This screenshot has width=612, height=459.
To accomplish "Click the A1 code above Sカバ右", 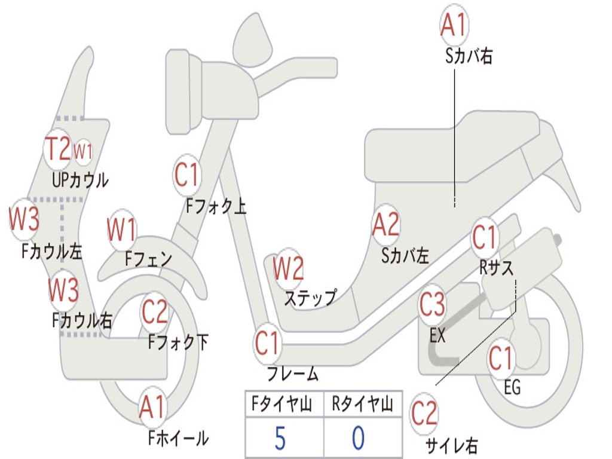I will (x=453, y=25).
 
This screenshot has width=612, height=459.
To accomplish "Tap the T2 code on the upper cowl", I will (x=59, y=148).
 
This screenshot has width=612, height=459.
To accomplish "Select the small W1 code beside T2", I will (x=83, y=151).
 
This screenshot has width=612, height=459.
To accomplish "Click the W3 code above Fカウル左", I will (x=24, y=219).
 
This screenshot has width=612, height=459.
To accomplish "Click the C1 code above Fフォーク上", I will (x=186, y=175).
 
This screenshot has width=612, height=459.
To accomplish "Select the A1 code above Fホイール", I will (x=152, y=408).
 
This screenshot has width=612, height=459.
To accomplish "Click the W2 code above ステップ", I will (x=288, y=268).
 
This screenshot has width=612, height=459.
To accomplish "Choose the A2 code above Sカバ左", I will (x=385, y=225).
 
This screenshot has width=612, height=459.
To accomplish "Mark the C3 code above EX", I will (x=432, y=305).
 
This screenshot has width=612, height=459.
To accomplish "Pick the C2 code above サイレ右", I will (x=424, y=414).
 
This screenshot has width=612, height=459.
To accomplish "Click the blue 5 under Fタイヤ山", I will (x=280, y=437).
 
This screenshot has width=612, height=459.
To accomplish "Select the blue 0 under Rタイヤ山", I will (x=358, y=437).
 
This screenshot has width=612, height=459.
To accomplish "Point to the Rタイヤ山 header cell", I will (x=362, y=405).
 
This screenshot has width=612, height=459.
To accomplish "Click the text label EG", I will (x=512, y=387).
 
